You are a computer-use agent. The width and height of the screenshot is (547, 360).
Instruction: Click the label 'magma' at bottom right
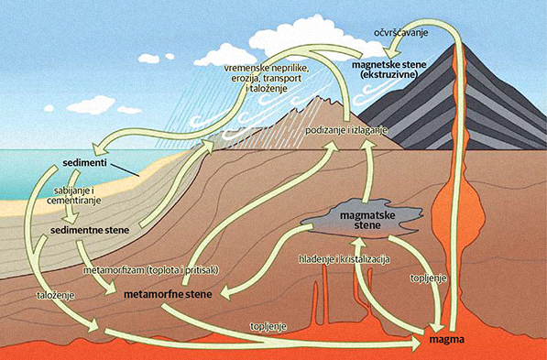pos(447,340)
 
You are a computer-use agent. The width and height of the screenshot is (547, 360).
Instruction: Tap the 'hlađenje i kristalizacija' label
pos(345,258)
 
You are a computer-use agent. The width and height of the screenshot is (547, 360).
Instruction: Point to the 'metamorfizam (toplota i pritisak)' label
pos(155,270)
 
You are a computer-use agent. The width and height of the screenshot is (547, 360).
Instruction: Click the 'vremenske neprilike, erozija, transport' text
pos(267,74)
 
